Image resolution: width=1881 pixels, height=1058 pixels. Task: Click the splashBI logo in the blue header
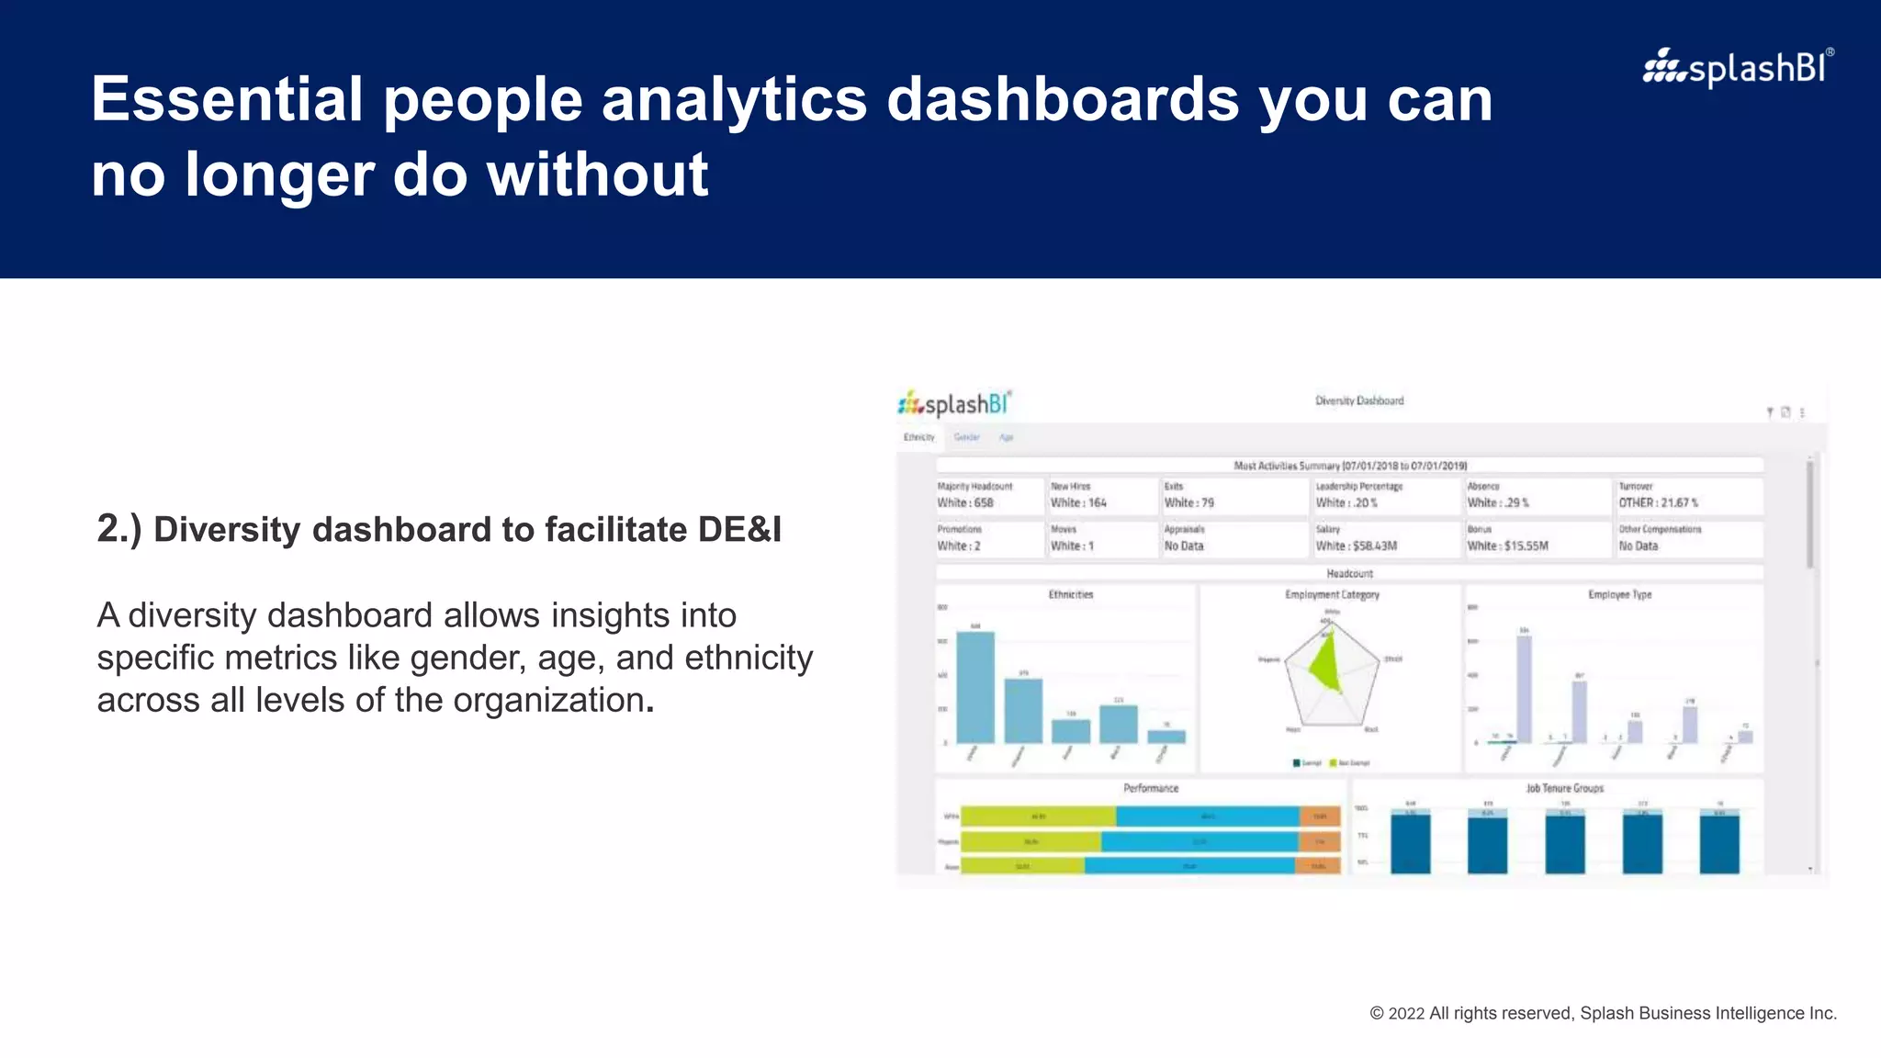pyautogui.click(x=1738, y=68)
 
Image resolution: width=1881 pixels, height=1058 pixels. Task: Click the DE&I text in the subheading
pyautogui.click(x=739, y=530)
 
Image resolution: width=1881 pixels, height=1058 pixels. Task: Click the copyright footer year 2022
pyautogui.click(x=1406, y=1013)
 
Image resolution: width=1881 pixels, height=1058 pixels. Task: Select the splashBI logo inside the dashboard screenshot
pyautogui.click(x=955, y=404)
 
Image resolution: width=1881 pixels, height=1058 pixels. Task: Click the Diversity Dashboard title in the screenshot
pyautogui.click(x=1359, y=400)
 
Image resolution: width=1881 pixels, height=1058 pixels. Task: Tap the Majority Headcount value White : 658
pyautogui.click(x=965, y=502)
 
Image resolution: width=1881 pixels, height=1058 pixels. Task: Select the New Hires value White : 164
pyautogui.click(x=1078, y=502)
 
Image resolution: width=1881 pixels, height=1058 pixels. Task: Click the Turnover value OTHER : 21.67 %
pyautogui.click(x=1658, y=502)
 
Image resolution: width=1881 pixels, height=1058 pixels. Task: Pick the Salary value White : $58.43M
pyautogui.click(x=1356, y=546)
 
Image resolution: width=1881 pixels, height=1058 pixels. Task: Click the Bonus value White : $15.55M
pyautogui.click(x=1507, y=546)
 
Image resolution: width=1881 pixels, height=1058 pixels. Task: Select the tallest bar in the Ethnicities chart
pyautogui.click(x=975, y=687)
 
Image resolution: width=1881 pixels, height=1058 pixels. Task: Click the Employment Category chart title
pyautogui.click(x=1332, y=594)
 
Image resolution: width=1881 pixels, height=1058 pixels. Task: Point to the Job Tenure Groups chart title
pyautogui.click(x=1564, y=788)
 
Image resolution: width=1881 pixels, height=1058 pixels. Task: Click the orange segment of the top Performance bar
pyautogui.click(x=1320, y=816)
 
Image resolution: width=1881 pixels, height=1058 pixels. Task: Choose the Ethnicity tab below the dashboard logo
pyautogui.click(x=918, y=437)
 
